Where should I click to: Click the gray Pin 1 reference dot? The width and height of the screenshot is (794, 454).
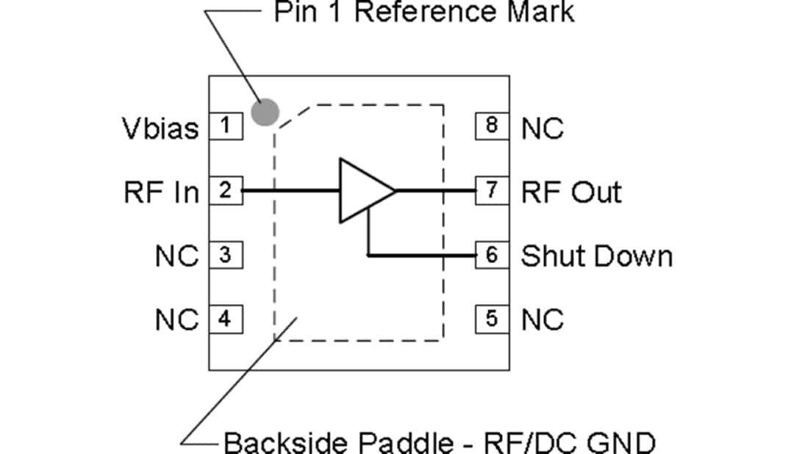pos(265,112)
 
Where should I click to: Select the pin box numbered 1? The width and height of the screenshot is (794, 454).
pos(226,127)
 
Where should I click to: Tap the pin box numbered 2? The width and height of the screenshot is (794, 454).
pos(226,191)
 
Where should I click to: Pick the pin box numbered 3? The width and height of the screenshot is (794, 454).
pos(226,256)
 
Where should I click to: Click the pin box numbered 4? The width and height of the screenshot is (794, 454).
pos(226,320)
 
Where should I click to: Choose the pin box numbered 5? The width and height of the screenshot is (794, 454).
pos(491,320)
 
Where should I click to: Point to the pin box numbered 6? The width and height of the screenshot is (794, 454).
pos(491,256)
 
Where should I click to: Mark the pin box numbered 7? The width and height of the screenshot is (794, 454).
pos(491,191)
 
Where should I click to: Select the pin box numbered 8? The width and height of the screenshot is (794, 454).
pos(491,127)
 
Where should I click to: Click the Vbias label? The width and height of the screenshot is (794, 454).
pos(160,129)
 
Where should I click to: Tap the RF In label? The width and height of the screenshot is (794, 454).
pos(162,192)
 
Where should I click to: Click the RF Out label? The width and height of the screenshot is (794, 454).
pos(571,192)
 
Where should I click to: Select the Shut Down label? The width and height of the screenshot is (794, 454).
pos(596,256)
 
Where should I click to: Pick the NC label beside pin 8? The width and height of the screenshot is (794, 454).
pos(543,129)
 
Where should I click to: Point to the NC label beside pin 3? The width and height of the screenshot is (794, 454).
pos(177,256)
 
